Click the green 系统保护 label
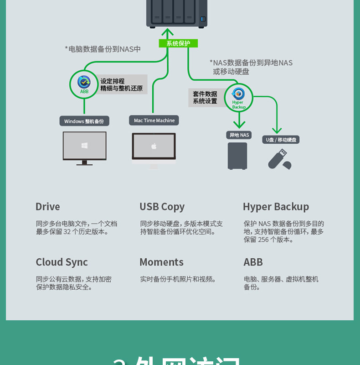(x=178, y=43)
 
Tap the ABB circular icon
(x=84, y=84)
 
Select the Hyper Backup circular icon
(x=238, y=97)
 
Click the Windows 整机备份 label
(x=84, y=121)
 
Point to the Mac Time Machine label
(x=154, y=120)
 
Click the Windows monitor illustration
(x=84, y=147)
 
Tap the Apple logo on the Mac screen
(x=154, y=146)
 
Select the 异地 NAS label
(x=239, y=135)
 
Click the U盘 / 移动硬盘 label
(x=281, y=140)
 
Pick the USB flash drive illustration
(x=279, y=159)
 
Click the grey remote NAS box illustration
(x=237, y=156)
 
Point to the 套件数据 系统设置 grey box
(x=206, y=98)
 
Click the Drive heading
(x=48, y=207)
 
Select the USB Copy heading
(x=162, y=207)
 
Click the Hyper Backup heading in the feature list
(x=276, y=207)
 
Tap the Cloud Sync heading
(x=62, y=262)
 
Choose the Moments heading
(x=161, y=262)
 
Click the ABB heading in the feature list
(x=253, y=262)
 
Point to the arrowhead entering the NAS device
(x=168, y=33)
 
